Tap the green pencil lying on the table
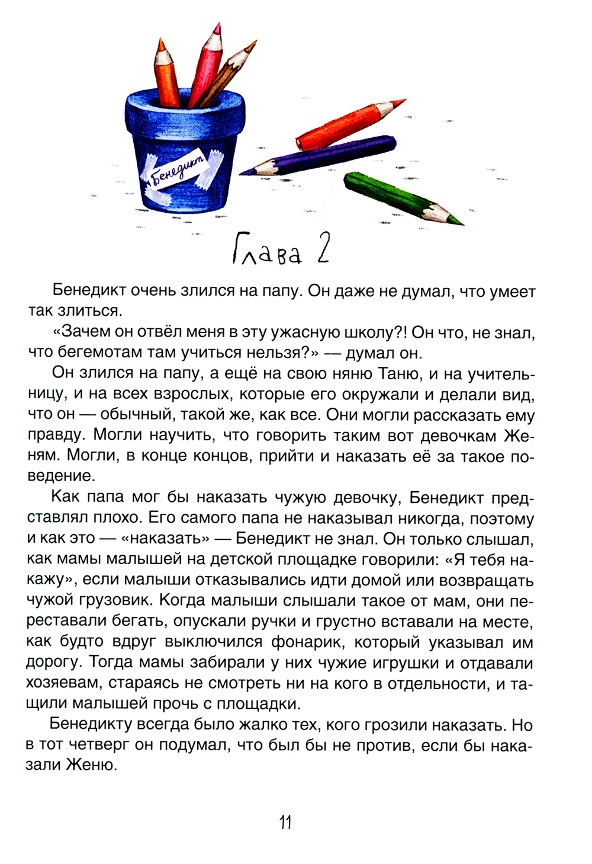397,196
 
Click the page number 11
285,823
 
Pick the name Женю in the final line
92,765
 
